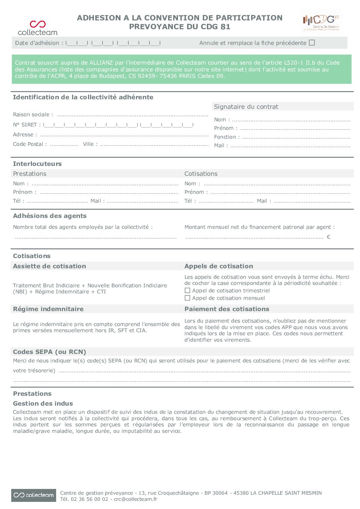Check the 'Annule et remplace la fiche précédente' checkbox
pyautogui.click(x=312, y=43)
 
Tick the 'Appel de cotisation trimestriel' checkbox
pyautogui.click(x=187, y=291)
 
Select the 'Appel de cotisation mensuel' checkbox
pyautogui.click(x=187, y=298)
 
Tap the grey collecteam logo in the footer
pyautogui.click(x=33, y=495)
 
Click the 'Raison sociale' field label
pyautogui.click(x=33, y=115)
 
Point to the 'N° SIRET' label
pyautogui.click(x=27, y=125)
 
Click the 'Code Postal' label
pyautogui.click(x=30, y=144)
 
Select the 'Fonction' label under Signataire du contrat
pyautogui.click(x=227, y=137)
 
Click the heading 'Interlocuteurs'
pyautogui.click(x=37, y=164)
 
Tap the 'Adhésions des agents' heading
pyautogui.click(x=50, y=216)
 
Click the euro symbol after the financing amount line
pyautogui.click(x=328, y=237)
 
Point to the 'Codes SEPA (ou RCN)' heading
pyautogui.click(x=49, y=352)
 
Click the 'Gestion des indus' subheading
pyautogui.click(x=43, y=404)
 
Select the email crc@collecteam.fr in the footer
pyautogui.click(x=135, y=499)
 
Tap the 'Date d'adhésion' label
pyautogui.click(x=37, y=43)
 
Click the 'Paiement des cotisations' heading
pyautogui.click(x=227, y=309)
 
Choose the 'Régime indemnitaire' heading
pyautogui.click(x=48, y=309)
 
